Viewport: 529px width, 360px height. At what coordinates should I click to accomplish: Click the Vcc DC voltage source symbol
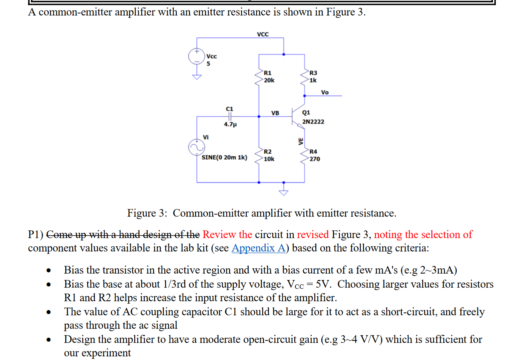coord(196,56)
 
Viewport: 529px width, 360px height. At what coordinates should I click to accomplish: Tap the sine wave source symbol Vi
coord(196,148)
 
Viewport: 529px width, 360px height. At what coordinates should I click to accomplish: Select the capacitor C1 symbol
coord(230,116)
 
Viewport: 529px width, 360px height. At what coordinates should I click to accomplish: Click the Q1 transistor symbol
coord(297,116)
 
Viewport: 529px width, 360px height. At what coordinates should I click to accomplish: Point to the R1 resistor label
coord(267,73)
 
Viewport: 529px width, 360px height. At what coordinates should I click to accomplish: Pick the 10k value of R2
coord(269,159)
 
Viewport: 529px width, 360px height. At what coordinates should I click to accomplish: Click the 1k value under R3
coord(313,80)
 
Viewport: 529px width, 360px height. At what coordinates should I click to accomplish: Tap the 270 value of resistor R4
coord(315,159)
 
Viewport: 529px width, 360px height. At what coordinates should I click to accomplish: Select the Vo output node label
coord(325,92)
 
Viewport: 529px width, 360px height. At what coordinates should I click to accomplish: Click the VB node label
coord(275,113)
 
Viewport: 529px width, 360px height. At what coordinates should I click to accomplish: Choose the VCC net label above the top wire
coord(263,34)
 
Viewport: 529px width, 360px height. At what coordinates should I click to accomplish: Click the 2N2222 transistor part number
coord(313,122)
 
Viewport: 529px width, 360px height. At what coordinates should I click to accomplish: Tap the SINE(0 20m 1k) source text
coord(224,157)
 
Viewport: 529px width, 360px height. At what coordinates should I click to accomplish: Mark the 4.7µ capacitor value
coord(230,124)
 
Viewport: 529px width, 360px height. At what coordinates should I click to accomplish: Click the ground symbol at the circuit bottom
coord(283,191)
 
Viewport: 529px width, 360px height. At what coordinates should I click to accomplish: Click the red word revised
coord(313,234)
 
